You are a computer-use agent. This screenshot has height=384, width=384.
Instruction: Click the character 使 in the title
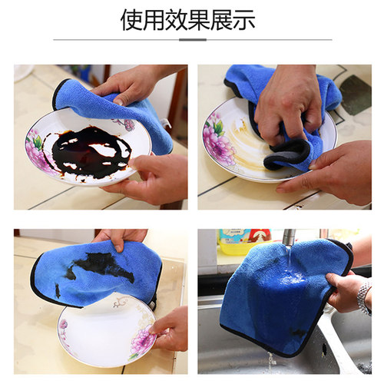[132, 20]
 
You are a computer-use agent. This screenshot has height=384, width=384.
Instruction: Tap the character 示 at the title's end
[243, 20]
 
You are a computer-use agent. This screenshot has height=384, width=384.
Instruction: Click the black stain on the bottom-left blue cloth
[100, 266]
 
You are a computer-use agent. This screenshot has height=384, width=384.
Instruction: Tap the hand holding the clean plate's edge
[170, 326]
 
